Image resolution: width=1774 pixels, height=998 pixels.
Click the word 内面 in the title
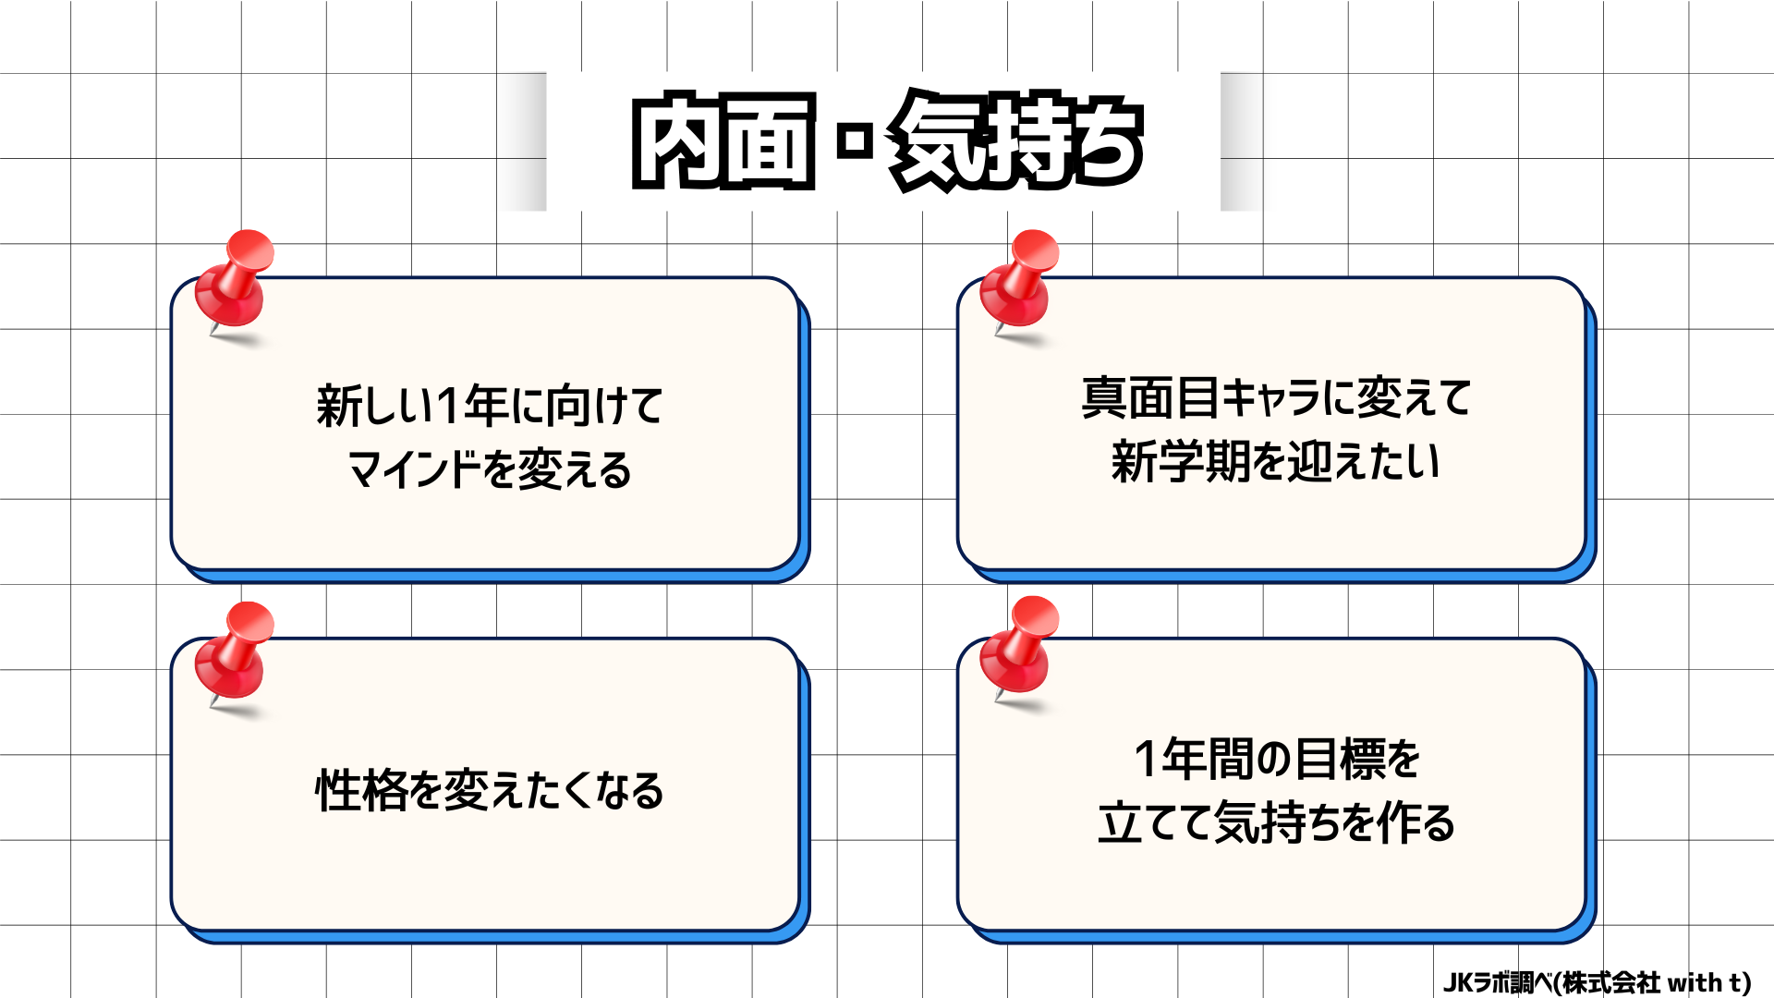pos(723,142)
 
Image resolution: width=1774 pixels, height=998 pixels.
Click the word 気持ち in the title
pos(1016,142)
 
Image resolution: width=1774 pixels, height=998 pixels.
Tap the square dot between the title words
pos(855,142)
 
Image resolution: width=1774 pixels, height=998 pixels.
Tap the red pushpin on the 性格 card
pos(235,652)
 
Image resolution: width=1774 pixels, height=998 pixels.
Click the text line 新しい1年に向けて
pos(490,407)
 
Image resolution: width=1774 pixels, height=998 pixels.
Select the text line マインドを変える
pos(490,469)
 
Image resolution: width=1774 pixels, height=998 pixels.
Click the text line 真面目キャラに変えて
pos(1276,398)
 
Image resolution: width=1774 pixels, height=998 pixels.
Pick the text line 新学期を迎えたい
pos(1276,461)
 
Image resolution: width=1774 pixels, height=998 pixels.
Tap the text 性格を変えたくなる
pos(490,791)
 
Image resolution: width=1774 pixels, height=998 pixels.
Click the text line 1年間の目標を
pos(1276,760)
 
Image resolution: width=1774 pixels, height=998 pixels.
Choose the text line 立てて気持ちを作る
pos(1276,822)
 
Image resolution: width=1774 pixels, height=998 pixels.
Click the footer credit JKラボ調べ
pos(1497,982)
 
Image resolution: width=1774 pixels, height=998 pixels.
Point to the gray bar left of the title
pos(525,141)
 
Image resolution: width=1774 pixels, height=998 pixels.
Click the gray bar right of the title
pos(1242,141)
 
